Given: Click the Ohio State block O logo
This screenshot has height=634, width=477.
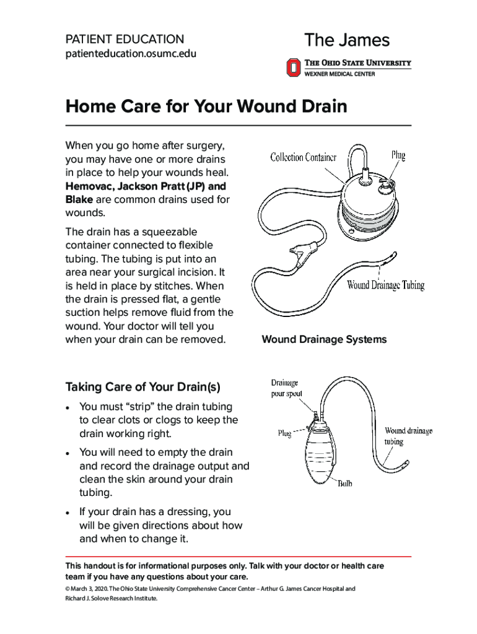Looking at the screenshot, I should coord(293,67).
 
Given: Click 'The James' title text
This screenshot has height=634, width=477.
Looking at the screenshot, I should coord(347,41).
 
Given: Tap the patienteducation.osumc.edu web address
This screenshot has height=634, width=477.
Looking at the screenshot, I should coord(131,54).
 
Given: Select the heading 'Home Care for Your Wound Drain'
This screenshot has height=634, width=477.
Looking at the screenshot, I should coord(206,106).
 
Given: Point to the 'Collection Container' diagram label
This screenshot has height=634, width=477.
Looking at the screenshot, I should coord(303,157).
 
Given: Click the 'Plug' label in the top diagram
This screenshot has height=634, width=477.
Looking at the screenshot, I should coord(398,155).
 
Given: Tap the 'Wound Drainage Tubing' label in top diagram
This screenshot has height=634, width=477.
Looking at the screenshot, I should coord(385,285).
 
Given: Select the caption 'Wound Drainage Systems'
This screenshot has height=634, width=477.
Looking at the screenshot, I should coord(324,339).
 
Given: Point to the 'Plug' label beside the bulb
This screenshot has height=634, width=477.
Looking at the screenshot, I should coord(284,434).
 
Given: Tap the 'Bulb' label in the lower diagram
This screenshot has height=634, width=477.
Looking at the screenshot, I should coord(344,484).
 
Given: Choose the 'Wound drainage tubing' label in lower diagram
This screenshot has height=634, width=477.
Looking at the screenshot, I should coord(408,436).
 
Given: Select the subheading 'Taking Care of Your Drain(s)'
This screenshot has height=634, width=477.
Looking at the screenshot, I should coord(142,388).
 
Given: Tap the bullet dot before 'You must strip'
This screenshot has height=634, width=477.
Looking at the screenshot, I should coord(69,407).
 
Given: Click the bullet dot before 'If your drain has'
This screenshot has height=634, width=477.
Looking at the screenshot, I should coord(69,513).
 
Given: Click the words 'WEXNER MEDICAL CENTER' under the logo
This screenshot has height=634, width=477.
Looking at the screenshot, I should coord(339,74).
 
